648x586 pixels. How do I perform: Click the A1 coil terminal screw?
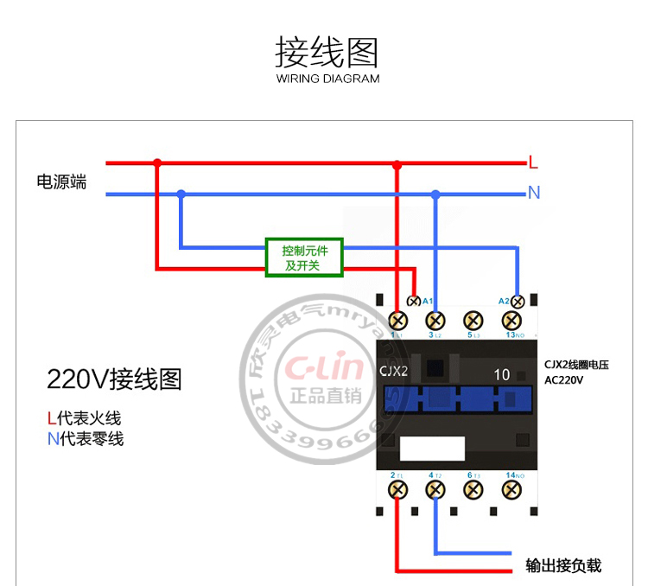[414, 301]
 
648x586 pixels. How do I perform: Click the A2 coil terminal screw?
[518, 302]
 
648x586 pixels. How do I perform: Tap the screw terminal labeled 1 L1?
[398, 319]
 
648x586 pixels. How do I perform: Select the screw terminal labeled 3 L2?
[435, 319]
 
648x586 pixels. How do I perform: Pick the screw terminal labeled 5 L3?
[473, 319]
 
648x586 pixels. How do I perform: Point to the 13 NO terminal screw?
[512, 319]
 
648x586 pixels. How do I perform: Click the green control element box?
[303, 258]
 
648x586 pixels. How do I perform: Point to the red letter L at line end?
[533, 162]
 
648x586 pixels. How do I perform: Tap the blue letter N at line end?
[534, 193]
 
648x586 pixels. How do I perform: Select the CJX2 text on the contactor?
[393, 372]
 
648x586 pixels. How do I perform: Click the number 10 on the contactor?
[501, 375]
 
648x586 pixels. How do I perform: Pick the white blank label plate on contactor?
[431, 449]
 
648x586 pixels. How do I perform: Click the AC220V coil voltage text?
[565, 379]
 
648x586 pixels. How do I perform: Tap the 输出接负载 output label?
[563, 566]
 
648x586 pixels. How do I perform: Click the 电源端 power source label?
[61, 182]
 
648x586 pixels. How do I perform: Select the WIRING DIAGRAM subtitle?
[327, 79]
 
